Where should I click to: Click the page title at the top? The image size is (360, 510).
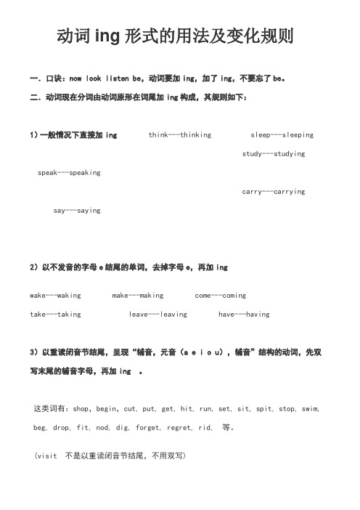[179, 36]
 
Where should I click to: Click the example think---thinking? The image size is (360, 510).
[180, 115]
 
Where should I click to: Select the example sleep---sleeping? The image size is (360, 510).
[282, 115]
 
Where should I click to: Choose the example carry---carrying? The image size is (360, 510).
[272, 192]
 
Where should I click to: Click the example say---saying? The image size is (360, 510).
[78, 211]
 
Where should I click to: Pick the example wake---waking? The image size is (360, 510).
[55, 296]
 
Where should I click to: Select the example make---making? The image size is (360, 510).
[138, 296]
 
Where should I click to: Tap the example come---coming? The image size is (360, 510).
[221, 296]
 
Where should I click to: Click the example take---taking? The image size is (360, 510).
[55, 315]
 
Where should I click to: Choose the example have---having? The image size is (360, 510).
[244, 315]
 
